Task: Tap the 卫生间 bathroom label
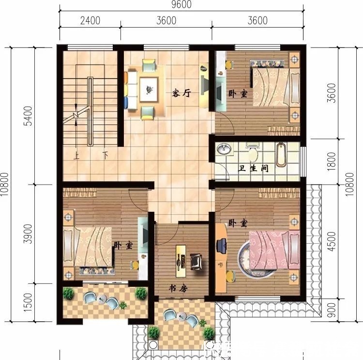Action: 254,169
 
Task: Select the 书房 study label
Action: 178,288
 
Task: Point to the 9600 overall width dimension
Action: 181,5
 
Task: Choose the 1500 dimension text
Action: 29,302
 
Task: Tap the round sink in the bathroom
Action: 224,150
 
